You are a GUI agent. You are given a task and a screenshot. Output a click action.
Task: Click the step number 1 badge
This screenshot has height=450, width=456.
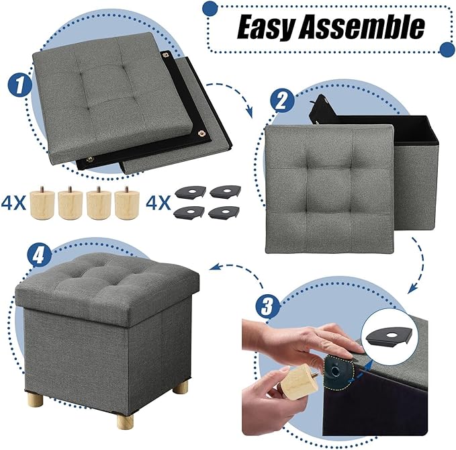pyautogui.click(x=18, y=85)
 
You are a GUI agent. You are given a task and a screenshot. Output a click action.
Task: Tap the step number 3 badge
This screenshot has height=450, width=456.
pyautogui.click(x=267, y=308)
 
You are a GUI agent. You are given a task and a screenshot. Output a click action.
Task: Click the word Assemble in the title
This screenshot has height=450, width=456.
pyautogui.click(x=365, y=28)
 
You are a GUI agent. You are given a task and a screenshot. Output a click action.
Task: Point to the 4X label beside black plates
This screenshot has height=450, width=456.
pyautogui.click(x=158, y=201)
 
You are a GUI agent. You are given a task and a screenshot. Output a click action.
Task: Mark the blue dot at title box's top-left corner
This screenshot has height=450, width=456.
pyautogui.click(x=211, y=7)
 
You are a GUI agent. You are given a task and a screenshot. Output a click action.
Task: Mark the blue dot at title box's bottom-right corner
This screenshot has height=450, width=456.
pyautogui.click(x=447, y=48)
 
